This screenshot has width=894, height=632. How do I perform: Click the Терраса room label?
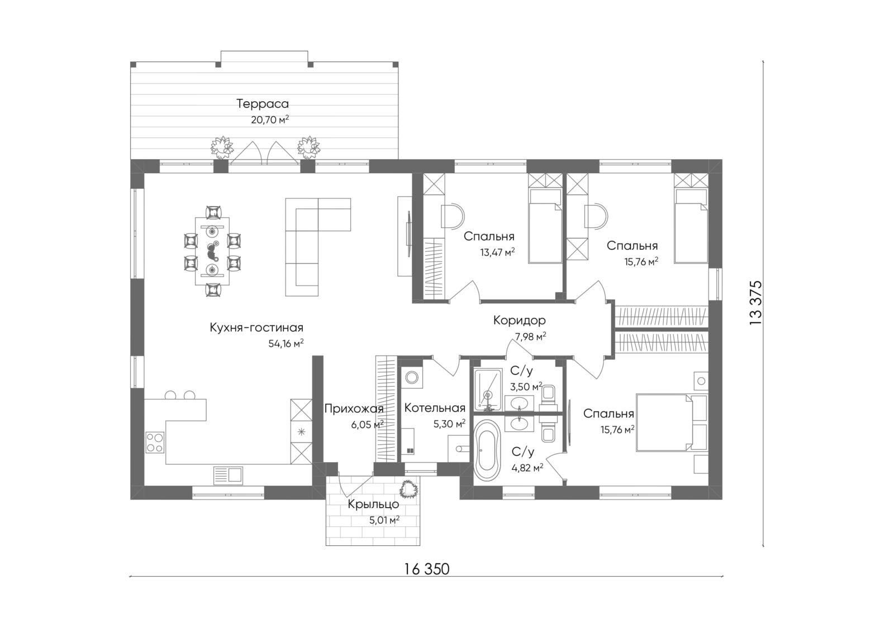pos(262,104)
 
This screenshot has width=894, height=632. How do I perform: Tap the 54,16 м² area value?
pos(286,343)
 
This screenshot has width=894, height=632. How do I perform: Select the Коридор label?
pos(519,320)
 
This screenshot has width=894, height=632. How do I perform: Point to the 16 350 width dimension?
pos(427,569)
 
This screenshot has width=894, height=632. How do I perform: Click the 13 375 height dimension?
pos(755,303)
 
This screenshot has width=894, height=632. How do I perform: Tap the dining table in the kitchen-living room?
pos(212,251)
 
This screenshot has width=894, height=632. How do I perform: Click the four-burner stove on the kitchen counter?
pos(155,443)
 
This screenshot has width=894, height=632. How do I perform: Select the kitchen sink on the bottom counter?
pos(229,476)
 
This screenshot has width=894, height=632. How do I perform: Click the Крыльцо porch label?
pos(373,504)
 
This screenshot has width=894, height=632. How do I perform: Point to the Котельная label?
pos(435,407)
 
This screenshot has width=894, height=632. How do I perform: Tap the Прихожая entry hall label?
pos(354,408)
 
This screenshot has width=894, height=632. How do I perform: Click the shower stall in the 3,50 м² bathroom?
pos(488,389)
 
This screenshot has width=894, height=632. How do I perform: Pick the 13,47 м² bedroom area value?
pos(497,253)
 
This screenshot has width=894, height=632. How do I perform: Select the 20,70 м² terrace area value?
pos(270,120)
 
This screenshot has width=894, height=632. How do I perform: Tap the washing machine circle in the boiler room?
pos(411,377)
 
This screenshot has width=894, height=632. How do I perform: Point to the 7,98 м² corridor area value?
pos(530,336)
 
